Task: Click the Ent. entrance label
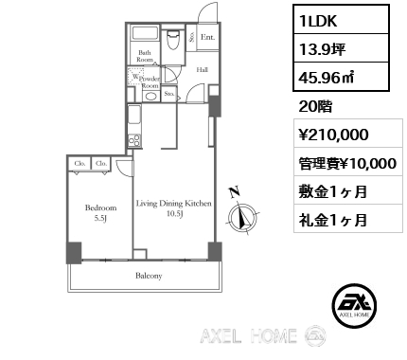point(207,38)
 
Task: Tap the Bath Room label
point(145,55)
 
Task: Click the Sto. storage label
point(169,94)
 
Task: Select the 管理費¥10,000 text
point(341,163)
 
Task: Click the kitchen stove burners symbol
point(133,141)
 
